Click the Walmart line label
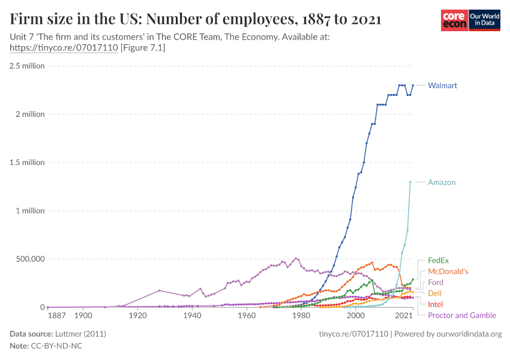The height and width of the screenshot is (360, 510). pyautogui.click(x=442, y=86)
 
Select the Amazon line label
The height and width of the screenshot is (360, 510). pyautogui.click(x=442, y=182)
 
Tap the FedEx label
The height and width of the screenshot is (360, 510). pyautogui.click(x=438, y=261)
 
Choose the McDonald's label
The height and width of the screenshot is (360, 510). pyautogui.click(x=448, y=272)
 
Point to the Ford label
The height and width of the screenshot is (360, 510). pyautogui.click(x=436, y=283)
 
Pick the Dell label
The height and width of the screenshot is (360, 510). pyautogui.click(x=435, y=293)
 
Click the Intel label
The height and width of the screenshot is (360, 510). pyautogui.click(x=436, y=304)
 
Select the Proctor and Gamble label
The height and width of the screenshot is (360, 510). pyautogui.click(x=461, y=316)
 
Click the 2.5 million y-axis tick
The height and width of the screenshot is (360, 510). pyautogui.click(x=27, y=66)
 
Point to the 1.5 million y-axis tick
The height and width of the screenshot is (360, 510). pyautogui.click(x=27, y=163)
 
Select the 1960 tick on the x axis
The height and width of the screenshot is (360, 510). pyautogui.click(x=247, y=316)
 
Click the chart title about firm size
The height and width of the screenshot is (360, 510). pyautogui.click(x=196, y=19)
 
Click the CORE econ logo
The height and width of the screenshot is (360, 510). pyautogui.click(x=454, y=20)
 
